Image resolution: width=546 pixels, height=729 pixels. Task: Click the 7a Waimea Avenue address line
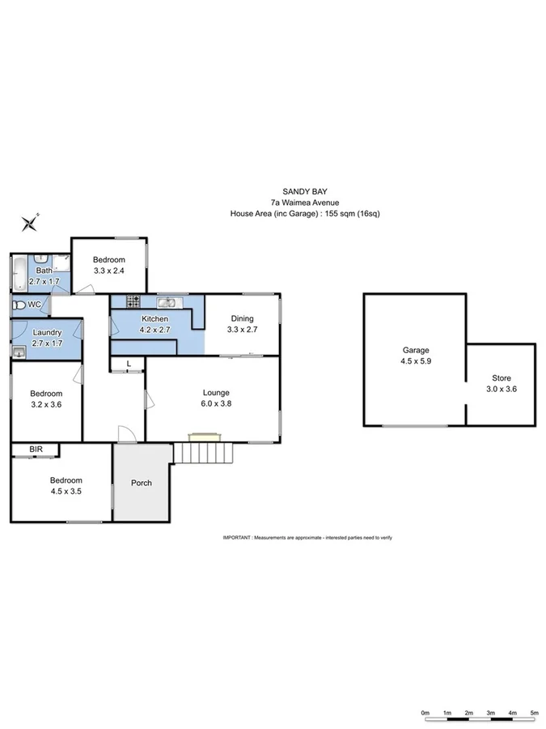click(304, 202)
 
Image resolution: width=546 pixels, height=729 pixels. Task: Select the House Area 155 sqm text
click(304, 214)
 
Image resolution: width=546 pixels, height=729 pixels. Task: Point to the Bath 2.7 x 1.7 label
click(44, 276)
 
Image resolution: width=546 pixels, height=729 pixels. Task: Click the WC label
click(33, 305)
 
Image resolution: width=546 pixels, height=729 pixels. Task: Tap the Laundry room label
click(46, 337)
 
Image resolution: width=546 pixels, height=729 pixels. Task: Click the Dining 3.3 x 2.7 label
click(242, 324)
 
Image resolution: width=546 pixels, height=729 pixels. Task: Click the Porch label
click(142, 483)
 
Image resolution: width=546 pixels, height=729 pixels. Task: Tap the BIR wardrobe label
click(36, 448)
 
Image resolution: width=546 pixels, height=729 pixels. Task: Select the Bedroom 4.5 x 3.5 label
click(61, 484)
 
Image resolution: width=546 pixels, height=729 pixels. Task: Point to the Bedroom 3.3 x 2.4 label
click(108, 265)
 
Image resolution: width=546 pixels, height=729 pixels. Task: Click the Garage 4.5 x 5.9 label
click(416, 356)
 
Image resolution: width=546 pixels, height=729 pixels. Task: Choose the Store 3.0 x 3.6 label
click(502, 384)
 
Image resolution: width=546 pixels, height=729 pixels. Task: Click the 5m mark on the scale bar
click(534, 713)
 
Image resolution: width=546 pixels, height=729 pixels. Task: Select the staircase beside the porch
click(202, 453)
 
